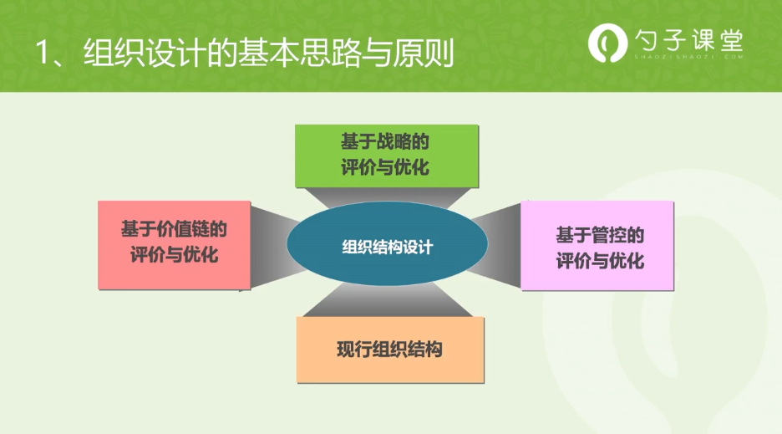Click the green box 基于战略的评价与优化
point(387,156)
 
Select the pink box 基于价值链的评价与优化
point(174,245)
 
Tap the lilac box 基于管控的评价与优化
point(597,246)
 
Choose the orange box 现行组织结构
point(390,350)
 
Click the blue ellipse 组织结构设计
point(387,243)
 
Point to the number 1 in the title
point(43,53)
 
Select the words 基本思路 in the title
point(298,53)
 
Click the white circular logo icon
point(607,43)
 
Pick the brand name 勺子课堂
point(688,40)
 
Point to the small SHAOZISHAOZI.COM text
point(688,57)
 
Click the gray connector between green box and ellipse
point(388,198)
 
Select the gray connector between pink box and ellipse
point(276,246)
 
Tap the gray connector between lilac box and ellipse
point(495,245)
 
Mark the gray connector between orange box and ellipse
point(388,299)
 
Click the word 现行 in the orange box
point(354,350)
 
